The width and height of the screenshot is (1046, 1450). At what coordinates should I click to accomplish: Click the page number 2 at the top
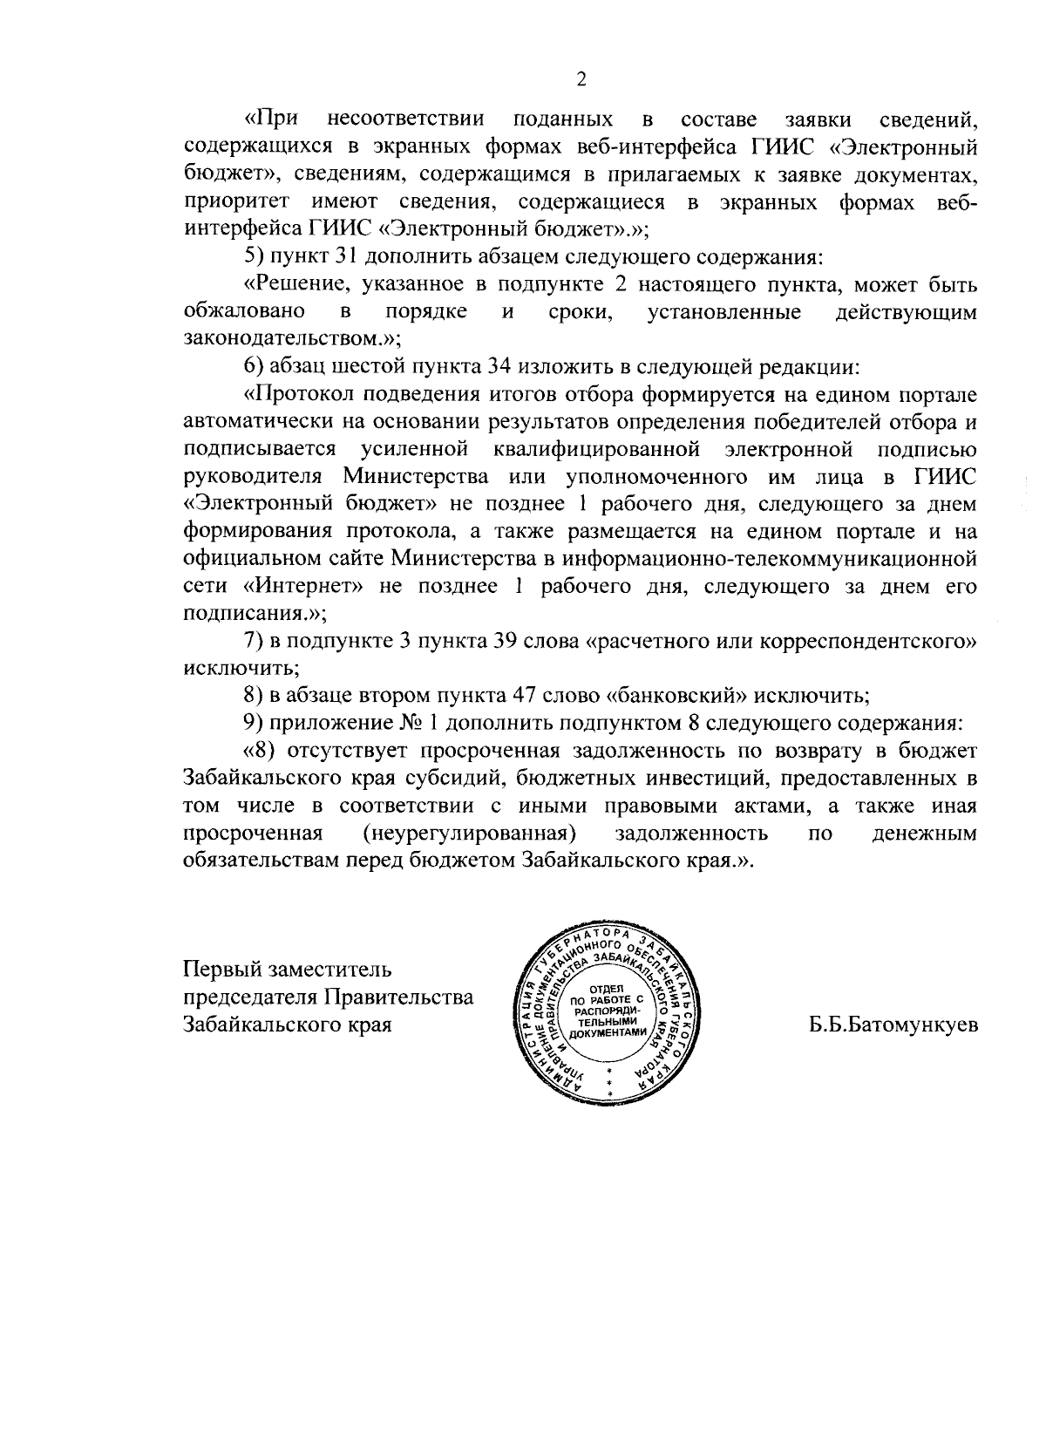[x=581, y=79]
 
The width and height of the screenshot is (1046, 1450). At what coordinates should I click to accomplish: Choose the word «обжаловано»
[x=244, y=312]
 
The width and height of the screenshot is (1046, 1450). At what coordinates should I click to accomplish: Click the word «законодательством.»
[x=288, y=339]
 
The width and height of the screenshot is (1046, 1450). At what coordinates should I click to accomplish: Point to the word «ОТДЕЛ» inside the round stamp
[x=609, y=988]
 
